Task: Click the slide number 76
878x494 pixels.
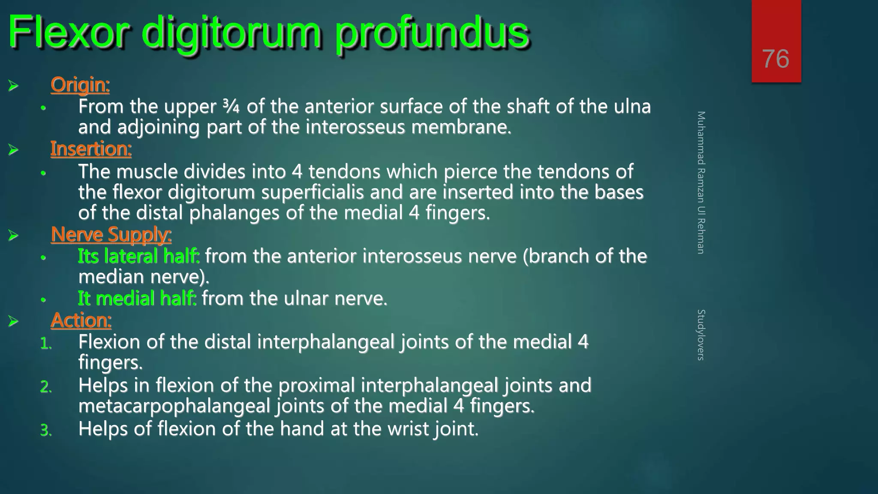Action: coord(776,59)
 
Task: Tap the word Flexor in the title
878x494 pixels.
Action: coord(69,32)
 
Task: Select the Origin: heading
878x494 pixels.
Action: coord(80,84)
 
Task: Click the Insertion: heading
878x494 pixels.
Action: coord(91,149)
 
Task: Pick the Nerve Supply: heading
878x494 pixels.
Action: coord(111,235)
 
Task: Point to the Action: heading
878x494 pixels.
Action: coord(81,320)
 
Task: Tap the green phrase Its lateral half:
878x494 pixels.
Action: coord(138,256)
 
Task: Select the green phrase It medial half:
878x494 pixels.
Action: coord(137,298)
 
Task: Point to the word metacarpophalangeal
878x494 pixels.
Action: coord(174,406)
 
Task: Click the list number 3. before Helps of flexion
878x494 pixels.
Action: coord(46,430)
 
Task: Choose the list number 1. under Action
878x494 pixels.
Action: coord(46,343)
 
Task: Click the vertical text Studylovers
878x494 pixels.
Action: coord(701,334)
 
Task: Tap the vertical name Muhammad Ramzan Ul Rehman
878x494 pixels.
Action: coord(701,182)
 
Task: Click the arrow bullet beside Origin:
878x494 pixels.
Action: coord(13,85)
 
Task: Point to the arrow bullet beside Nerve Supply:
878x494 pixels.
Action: coord(13,235)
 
